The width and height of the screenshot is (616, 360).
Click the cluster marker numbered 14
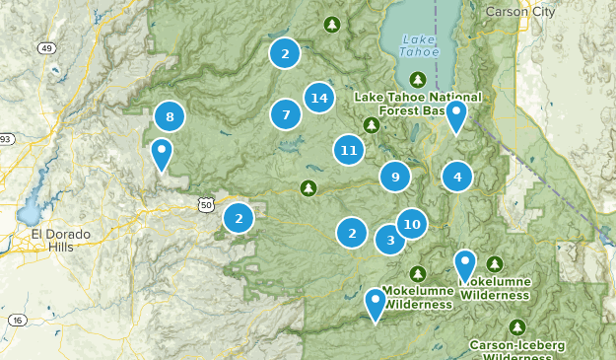coord(317,98)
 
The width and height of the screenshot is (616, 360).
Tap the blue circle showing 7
coord(286,115)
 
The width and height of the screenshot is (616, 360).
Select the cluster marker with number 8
coord(171,117)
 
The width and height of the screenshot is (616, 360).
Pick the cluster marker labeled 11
coord(347,150)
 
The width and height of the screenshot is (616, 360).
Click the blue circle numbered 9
coord(395,177)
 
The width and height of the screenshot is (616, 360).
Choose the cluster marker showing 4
coord(457,177)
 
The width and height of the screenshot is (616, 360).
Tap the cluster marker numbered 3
coord(390,240)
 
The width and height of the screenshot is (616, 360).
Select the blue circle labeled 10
coord(412,224)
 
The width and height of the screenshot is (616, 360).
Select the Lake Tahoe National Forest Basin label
coord(419,103)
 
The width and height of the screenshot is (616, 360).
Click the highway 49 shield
coord(46,47)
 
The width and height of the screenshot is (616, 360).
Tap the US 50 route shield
coord(205,204)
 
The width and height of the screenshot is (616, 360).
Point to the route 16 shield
coord(17,320)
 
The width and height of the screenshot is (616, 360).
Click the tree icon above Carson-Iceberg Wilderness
coord(518,326)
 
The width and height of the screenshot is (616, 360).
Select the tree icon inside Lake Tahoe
coord(418,80)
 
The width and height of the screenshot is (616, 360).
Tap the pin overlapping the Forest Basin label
coord(455,115)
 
